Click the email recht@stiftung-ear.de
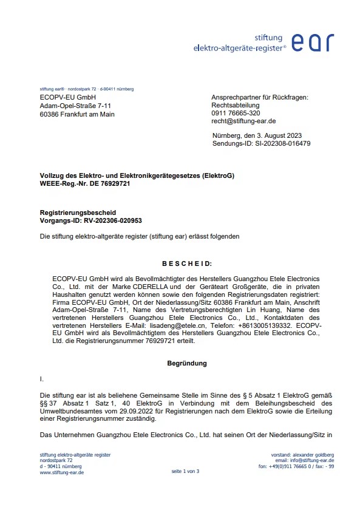[x=242, y=121]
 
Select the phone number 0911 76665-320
[x=236, y=114]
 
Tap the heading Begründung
[x=186, y=363]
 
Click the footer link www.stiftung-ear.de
[x=61, y=472]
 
